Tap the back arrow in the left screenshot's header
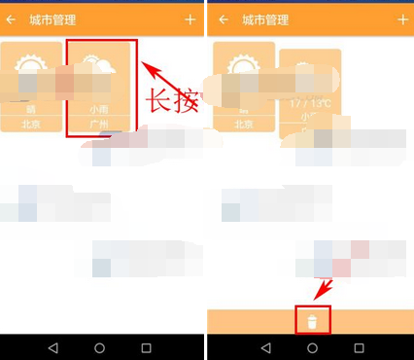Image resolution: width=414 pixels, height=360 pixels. tap(11, 19)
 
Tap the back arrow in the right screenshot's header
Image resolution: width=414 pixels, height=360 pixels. tap(223, 19)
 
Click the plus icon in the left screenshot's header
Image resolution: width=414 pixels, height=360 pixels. tap(190, 19)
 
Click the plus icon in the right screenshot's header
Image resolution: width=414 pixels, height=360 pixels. tap(402, 19)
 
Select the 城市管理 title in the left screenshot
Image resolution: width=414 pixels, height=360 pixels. tap(52, 19)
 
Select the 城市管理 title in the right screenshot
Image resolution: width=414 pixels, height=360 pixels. tap(264, 19)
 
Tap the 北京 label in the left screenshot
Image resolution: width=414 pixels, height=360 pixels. tap(32, 124)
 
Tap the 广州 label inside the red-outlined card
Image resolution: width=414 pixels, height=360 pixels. tap(99, 124)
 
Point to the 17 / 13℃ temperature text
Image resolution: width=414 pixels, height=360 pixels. tap(311, 102)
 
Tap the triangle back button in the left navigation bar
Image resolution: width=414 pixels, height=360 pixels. tap(52, 347)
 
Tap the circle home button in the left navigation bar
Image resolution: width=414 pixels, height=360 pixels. tap(100, 347)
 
